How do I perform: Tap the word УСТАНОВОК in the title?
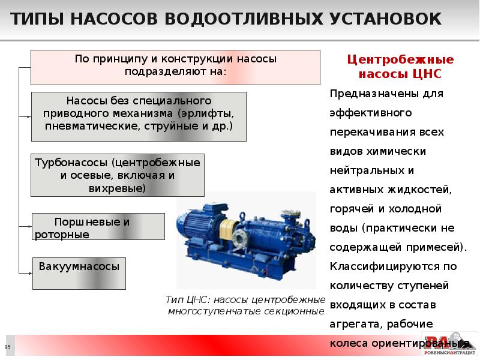pos(383,19)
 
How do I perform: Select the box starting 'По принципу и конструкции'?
pos(175,66)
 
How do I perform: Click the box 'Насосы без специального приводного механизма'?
pos(138,116)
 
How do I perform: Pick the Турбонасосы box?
pos(118,175)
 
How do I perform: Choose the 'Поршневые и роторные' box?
pos(98,226)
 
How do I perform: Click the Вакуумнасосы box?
pos(79,273)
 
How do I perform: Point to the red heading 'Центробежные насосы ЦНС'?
pos(401,67)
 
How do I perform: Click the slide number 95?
pos(8,348)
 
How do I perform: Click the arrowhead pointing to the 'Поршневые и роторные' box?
pos(29,226)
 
